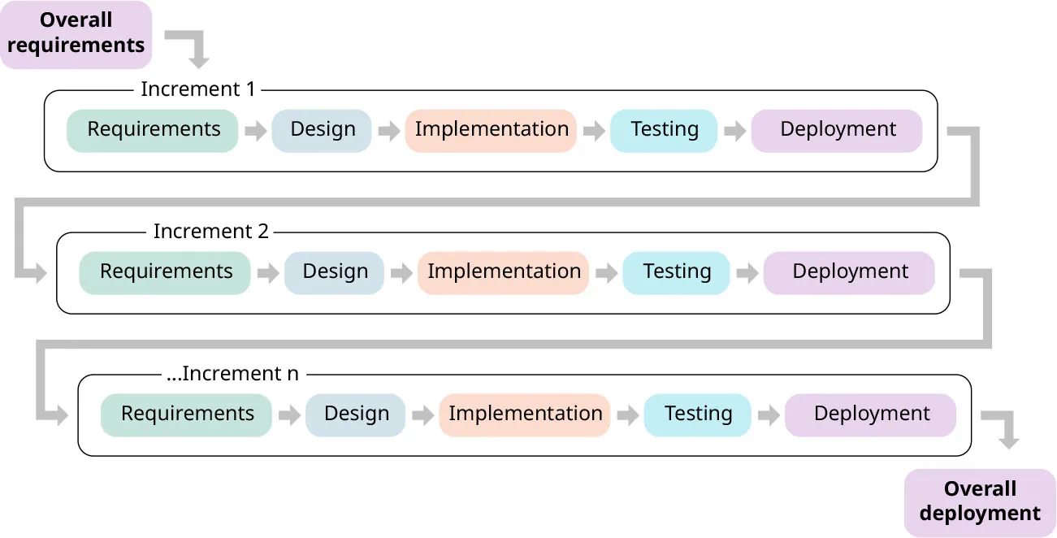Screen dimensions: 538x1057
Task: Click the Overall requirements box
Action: pyautogui.click(x=76, y=34)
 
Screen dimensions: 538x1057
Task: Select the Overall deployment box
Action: pyautogui.click(x=979, y=502)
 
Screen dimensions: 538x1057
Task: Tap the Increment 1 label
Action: pyautogui.click(x=197, y=89)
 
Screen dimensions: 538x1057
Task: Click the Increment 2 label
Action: pyautogui.click(x=210, y=232)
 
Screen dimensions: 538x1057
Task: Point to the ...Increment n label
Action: pyautogui.click(x=232, y=374)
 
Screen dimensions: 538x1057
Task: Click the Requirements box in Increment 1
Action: pyautogui.click(x=153, y=131)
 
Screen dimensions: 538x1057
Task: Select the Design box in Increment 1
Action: pyautogui.click(x=322, y=131)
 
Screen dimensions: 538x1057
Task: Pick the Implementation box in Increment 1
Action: pyautogui.click(x=491, y=131)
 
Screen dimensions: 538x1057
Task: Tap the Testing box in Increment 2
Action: pyautogui.click(x=676, y=273)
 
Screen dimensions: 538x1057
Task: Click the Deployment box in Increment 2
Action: pyautogui.click(x=849, y=273)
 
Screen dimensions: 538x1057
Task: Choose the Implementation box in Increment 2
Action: pyautogui.click(x=503, y=273)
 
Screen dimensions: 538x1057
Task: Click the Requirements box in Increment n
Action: pyautogui.click(x=186, y=415)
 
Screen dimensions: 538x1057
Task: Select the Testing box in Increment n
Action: pyautogui.click(x=697, y=415)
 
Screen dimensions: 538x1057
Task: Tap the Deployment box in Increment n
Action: pyautogui.click(x=870, y=415)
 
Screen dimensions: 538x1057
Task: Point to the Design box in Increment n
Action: pyautogui.click(x=355, y=415)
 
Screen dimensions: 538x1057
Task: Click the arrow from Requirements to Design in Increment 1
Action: pyautogui.click(x=256, y=132)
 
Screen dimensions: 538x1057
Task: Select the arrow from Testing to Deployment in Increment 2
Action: pyautogui.click(x=747, y=274)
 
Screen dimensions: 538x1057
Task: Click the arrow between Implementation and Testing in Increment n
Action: pyautogui.click(x=627, y=416)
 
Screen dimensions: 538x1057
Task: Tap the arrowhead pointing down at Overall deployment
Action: pyautogui.click(x=1008, y=441)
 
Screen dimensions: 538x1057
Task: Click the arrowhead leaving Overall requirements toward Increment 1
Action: pyautogui.click(x=198, y=60)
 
